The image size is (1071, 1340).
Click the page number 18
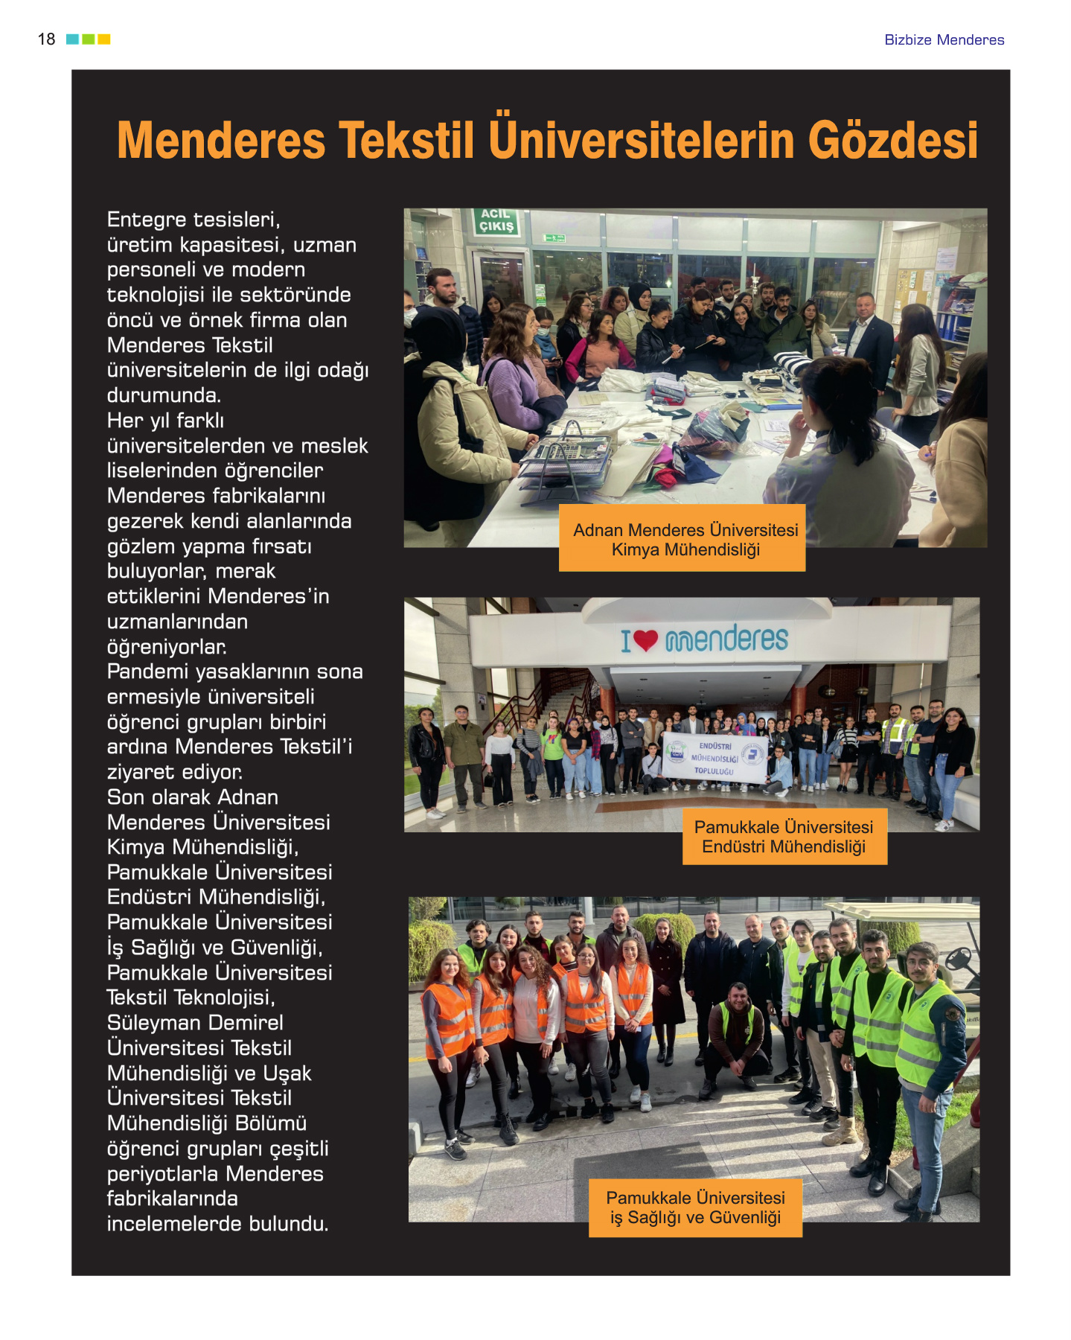point(46,39)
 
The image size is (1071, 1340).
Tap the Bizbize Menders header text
point(944,40)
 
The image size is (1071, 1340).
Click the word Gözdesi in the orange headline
point(892,141)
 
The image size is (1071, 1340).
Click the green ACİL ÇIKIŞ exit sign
point(496,221)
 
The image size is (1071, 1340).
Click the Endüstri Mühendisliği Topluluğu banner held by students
point(714,758)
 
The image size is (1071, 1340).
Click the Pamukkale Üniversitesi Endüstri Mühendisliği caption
point(784,837)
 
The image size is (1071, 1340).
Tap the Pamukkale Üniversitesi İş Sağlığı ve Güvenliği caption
point(695,1207)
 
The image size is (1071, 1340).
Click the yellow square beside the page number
point(104,39)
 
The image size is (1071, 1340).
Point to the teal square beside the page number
point(72,39)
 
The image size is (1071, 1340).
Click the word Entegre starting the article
point(147,220)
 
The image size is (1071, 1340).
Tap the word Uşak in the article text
point(287,1073)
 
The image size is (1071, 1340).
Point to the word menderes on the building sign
point(726,639)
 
